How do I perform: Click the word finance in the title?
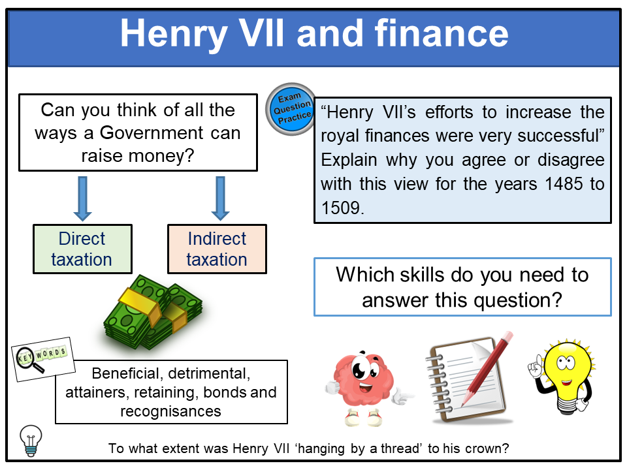[x=442, y=33]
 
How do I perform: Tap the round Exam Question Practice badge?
[x=291, y=109]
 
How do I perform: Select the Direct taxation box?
[x=82, y=249]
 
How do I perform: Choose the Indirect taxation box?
[x=217, y=249]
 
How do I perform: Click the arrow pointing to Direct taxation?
[x=83, y=198]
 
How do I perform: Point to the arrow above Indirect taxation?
[x=220, y=198]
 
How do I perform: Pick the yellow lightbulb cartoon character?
[x=564, y=376]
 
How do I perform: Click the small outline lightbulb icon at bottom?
[x=31, y=441]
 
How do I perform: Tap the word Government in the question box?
[x=152, y=133]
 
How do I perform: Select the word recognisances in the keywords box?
[x=170, y=411]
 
